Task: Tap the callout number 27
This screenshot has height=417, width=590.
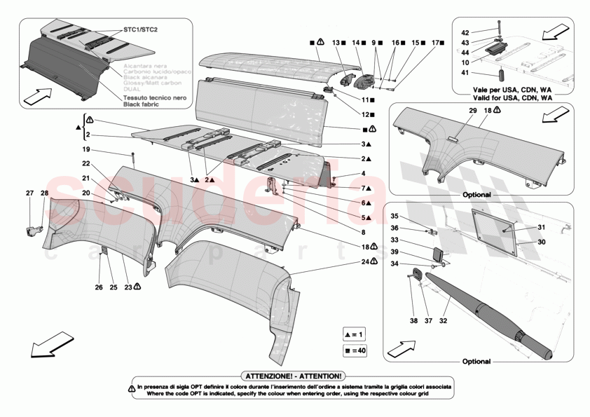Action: click(x=29, y=193)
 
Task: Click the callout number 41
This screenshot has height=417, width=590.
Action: click(x=464, y=73)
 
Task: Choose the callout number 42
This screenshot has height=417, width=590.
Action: click(x=464, y=33)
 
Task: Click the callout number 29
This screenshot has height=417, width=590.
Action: click(x=472, y=111)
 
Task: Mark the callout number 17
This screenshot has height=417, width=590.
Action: click(x=434, y=43)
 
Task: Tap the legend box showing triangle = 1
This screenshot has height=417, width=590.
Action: click(x=355, y=334)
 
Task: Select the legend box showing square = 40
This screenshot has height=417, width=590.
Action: click(x=355, y=350)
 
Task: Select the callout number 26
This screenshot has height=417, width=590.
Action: click(x=100, y=287)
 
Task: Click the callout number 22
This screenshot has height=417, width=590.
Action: click(x=87, y=163)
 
